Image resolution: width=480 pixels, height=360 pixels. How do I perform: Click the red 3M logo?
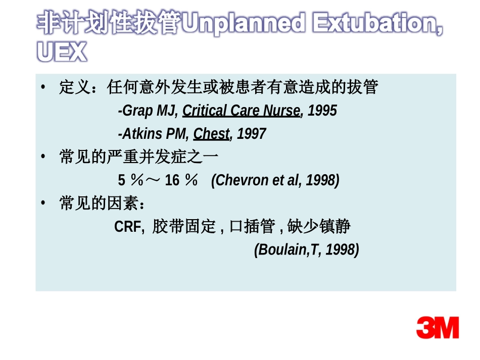[438, 328]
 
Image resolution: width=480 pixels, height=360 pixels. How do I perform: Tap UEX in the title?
[62, 52]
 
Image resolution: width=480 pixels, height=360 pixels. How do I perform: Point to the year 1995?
[322, 111]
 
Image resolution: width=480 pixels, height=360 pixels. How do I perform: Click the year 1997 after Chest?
[251, 134]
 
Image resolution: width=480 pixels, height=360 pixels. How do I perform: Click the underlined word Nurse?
[282, 111]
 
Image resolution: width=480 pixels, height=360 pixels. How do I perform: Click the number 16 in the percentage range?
[172, 180]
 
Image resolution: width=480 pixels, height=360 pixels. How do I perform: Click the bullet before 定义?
[44, 87]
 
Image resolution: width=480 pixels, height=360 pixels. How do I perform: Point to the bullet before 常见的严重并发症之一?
[44, 157]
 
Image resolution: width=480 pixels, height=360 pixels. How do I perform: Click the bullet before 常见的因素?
[44, 203]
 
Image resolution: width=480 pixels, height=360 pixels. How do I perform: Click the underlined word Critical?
[205, 111]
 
